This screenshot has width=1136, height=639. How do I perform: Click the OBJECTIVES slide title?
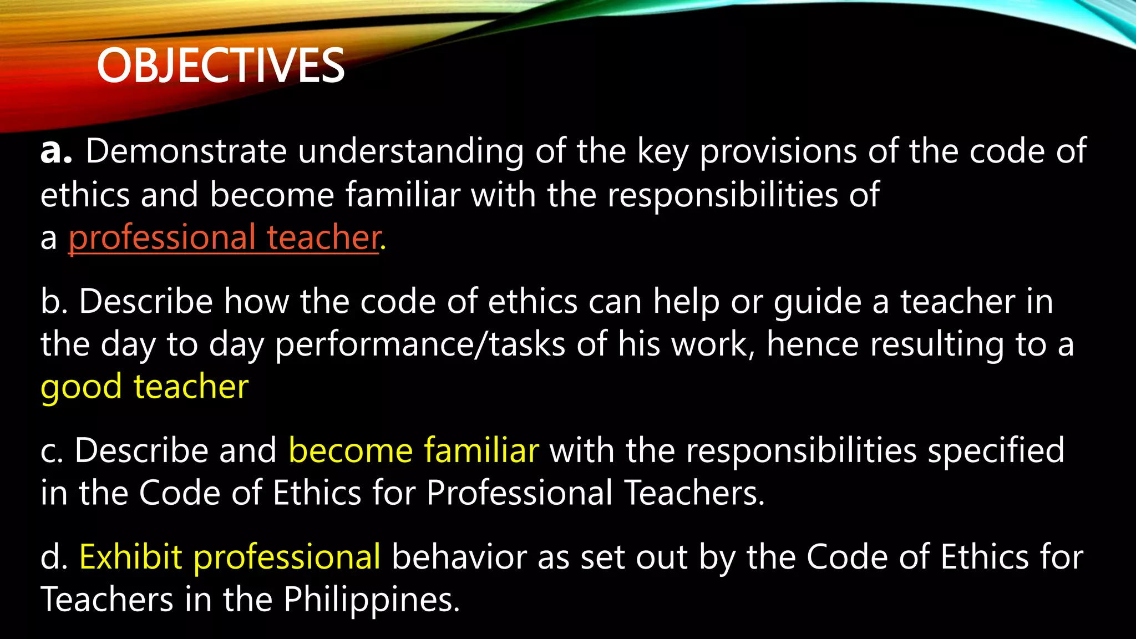[x=221, y=65]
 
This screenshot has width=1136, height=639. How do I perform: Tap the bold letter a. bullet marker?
[x=56, y=151]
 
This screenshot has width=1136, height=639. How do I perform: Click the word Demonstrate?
[x=186, y=151]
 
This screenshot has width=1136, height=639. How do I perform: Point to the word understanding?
[x=410, y=152]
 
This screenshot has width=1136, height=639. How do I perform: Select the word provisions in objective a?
[x=778, y=152]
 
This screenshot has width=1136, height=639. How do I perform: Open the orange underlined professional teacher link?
[x=225, y=237]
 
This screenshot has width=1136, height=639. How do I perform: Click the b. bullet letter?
[x=54, y=302]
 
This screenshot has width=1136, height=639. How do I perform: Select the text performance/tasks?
[x=420, y=345]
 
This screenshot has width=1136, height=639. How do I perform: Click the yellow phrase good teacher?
[x=144, y=387]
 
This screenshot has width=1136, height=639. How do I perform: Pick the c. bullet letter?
[x=52, y=450]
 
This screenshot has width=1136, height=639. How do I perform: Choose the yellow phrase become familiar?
[x=414, y=450]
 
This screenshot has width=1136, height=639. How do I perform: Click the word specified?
[x=996, y=451]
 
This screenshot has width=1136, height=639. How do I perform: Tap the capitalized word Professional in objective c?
[x=519, y=493]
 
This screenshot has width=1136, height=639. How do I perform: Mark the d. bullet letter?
[x=54, y=557]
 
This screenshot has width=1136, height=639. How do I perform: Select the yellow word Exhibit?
[x=131, y=557]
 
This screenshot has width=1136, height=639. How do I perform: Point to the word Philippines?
[x=372, y=600]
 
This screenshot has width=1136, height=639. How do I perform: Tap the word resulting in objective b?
[x=937, y=345]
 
